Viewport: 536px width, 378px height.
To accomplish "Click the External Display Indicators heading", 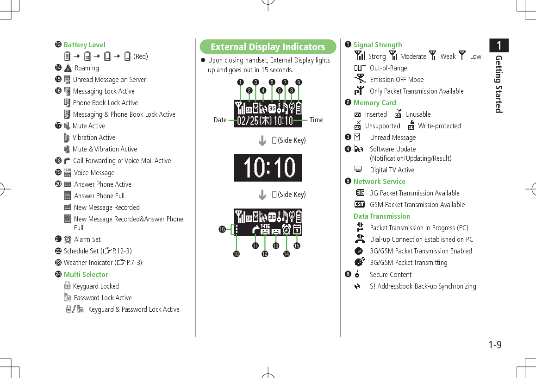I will [268, 47].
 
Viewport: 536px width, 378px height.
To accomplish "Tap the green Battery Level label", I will [85, 45].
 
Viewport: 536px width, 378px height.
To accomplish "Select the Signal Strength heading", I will [378, 45].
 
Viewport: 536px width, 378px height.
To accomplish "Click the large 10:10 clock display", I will [268, 168].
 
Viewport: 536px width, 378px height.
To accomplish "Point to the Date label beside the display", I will [220, 120].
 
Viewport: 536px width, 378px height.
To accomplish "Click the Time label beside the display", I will [317, 120].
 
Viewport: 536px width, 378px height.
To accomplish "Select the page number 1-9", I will [495, 345].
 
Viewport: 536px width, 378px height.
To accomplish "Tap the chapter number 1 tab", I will [499, 45].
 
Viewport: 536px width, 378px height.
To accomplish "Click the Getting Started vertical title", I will [499, 84].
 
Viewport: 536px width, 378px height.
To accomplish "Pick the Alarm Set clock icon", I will [68, 239].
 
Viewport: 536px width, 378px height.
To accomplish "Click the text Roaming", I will [87, 68].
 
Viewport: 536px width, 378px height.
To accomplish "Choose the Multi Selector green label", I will [86, 275].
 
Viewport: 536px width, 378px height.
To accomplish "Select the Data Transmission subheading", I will [382, 216].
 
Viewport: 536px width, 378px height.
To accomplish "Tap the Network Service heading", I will [380, 182].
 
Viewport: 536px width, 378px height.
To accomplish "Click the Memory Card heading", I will [375, 103].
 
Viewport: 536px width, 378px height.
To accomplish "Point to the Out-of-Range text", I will [388, 68].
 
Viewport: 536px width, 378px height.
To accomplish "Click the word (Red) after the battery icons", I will [141, 57].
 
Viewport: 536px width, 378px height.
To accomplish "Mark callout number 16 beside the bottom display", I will [222, 229].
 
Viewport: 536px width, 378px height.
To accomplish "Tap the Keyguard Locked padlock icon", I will [68, 286].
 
